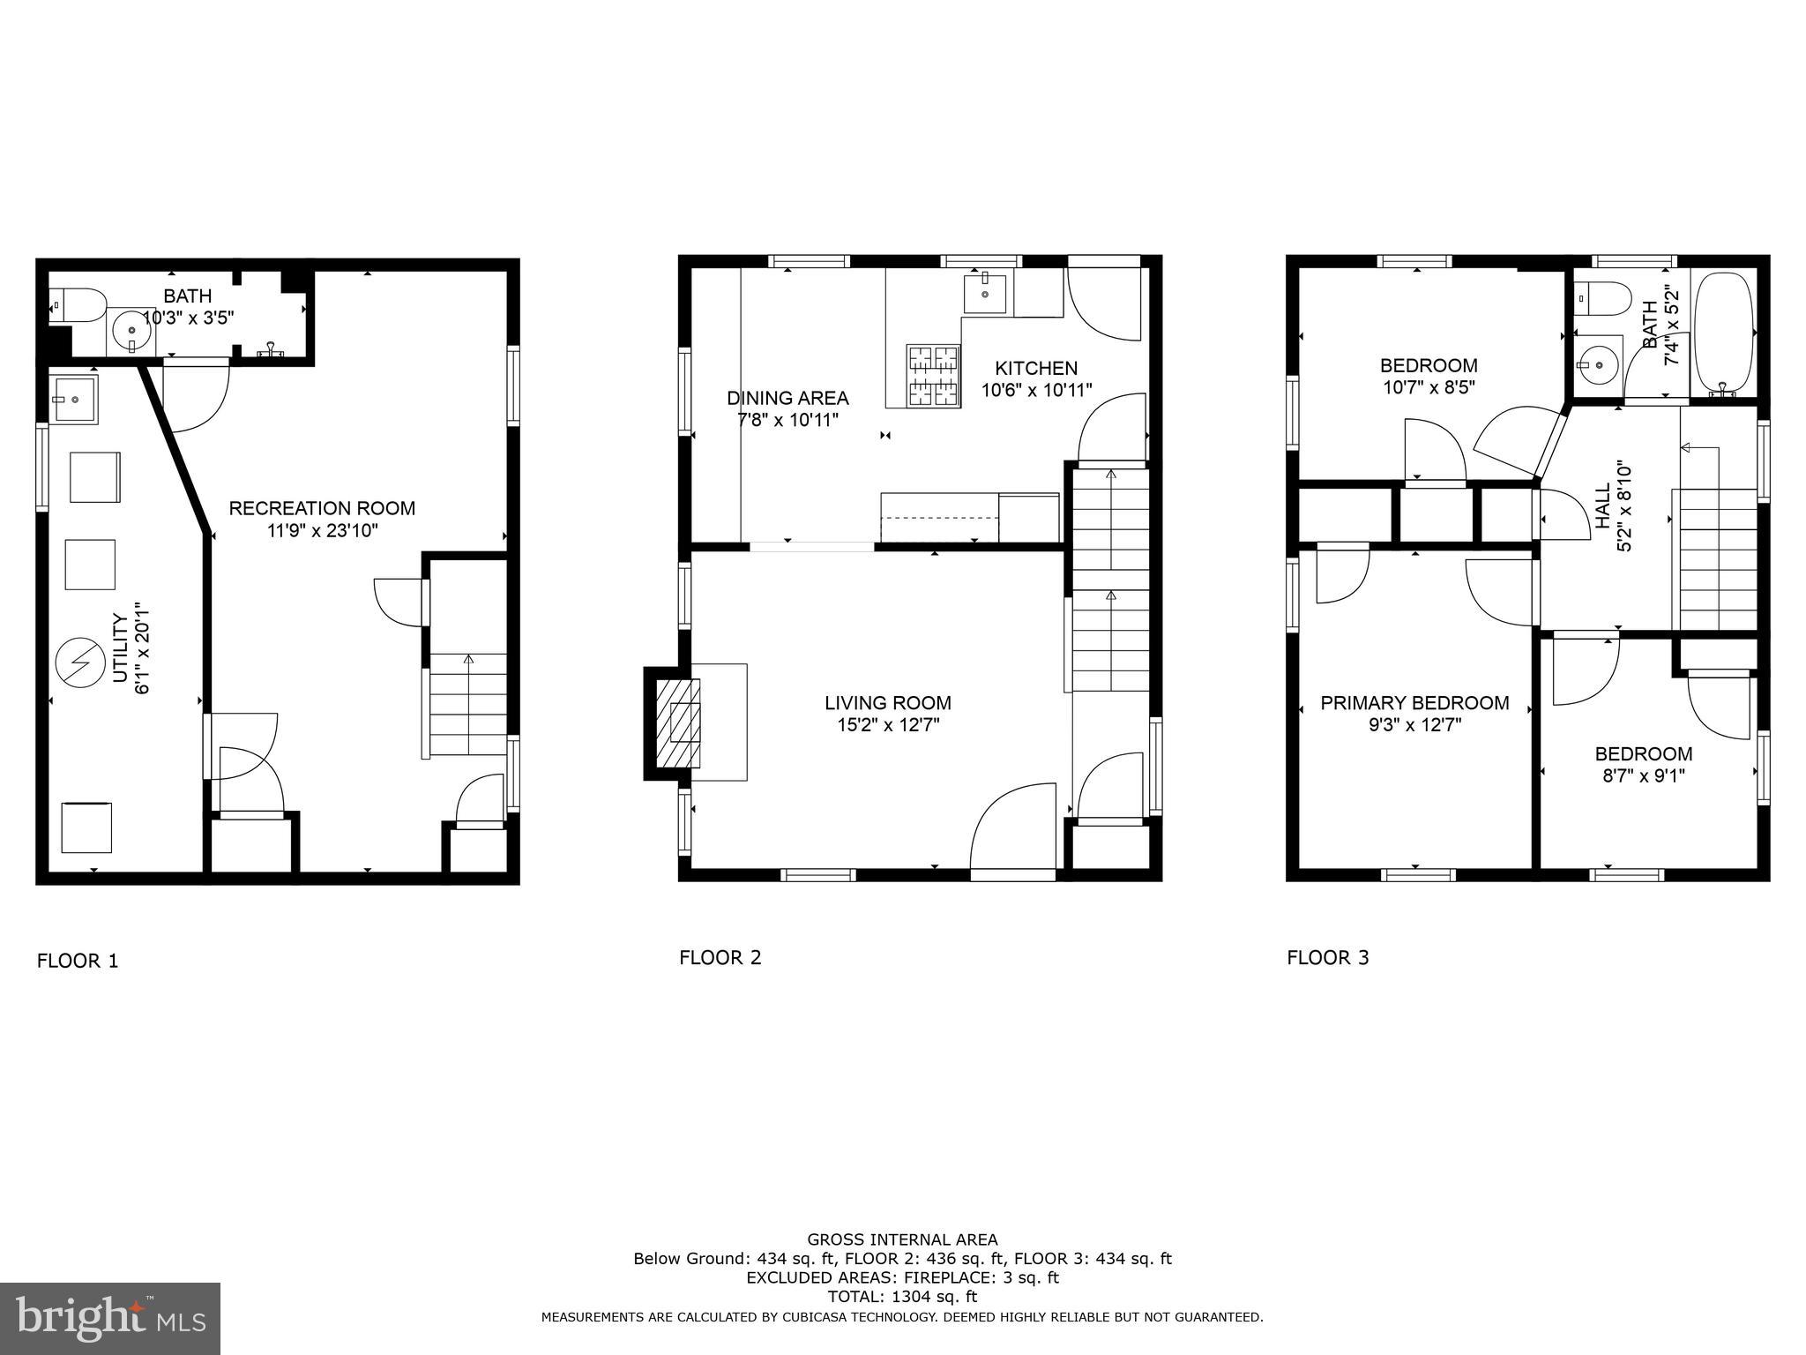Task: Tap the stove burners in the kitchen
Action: point(933,375)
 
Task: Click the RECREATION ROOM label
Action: point(322,508)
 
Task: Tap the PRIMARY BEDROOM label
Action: point(1414,703)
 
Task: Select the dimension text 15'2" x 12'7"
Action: point(888,725)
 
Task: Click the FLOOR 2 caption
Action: point(720,958)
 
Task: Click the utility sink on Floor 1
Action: point(73,400)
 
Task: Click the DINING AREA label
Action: point(787,398)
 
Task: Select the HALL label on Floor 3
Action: point(1602,506)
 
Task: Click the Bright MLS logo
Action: point(110,1318)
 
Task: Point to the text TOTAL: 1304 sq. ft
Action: point(902,1297)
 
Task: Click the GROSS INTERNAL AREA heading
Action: point(902,1239)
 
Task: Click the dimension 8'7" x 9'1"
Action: point(1644,776)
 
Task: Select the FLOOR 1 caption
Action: point(78,961)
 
